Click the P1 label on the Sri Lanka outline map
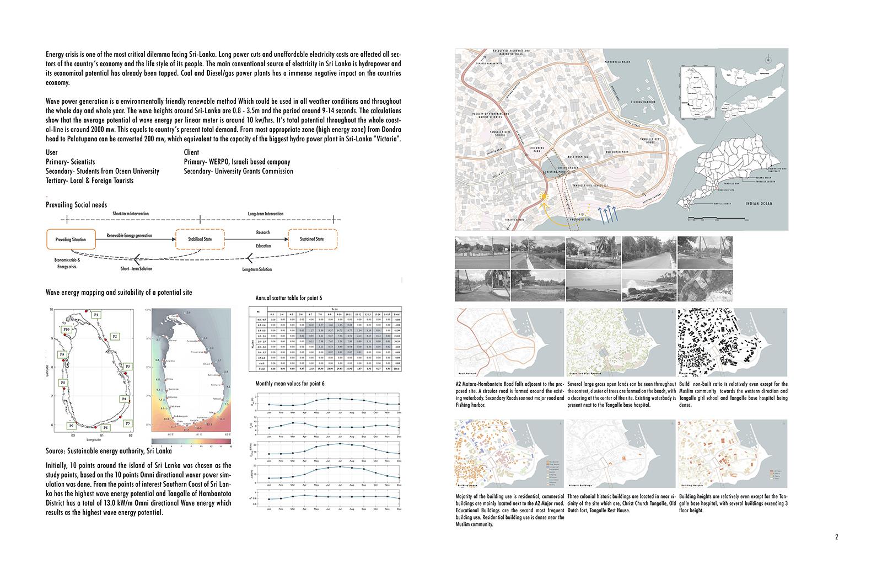96,315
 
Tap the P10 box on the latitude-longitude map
66,330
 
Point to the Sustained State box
312,239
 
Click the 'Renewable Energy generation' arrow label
130,236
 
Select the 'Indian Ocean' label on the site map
759,204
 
